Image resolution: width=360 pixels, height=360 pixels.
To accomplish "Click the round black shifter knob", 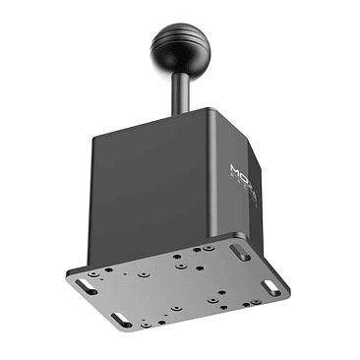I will point(179,43).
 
